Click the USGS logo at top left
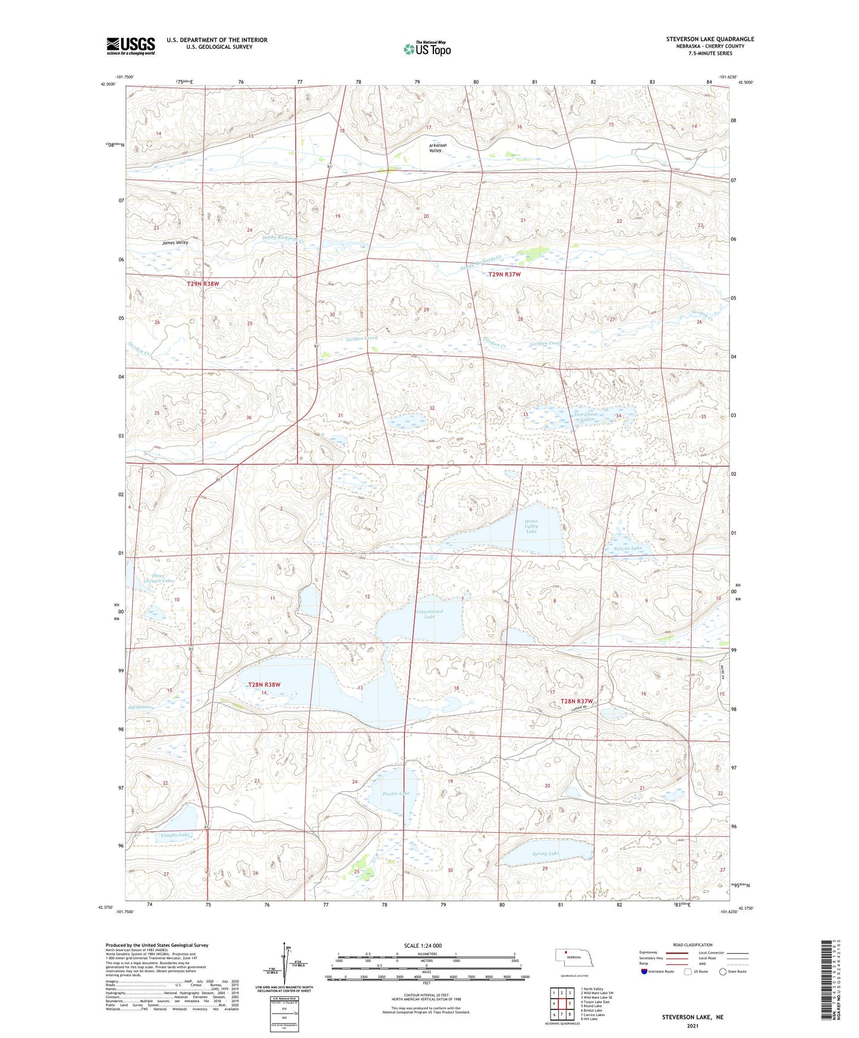[x=130, y=45]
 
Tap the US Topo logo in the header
[x=427, y=48]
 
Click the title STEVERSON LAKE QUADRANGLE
[x=710, y=39]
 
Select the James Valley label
[x=175, y=243]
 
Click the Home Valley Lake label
[x=531, y=526]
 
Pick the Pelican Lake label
[x=628, y=548]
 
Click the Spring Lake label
[x=545, y=854]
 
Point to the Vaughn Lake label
[x=175, y=835]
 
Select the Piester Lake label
[x=396, y=793]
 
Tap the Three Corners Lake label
[x=162, y=578]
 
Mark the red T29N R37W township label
[x=504, y=275]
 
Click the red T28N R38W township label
[x=264, y=685]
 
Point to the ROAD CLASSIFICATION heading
[x=693, y=945]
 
